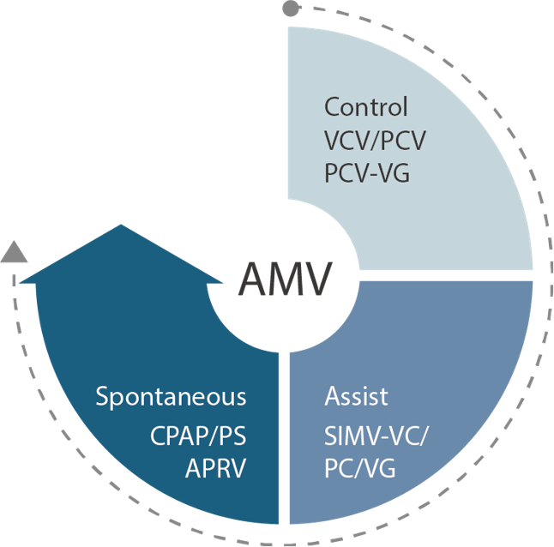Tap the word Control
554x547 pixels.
tap(366, 108)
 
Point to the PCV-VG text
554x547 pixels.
tap(367, 173)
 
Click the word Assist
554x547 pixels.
tap(356, 397)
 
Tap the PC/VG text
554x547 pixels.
tap(359, 468)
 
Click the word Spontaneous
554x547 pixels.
tap(171, 398)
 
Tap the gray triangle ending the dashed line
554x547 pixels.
tap(13, 251)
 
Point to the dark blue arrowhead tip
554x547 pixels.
tap(121, 227)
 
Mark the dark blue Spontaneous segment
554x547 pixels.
tap(129, 343)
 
